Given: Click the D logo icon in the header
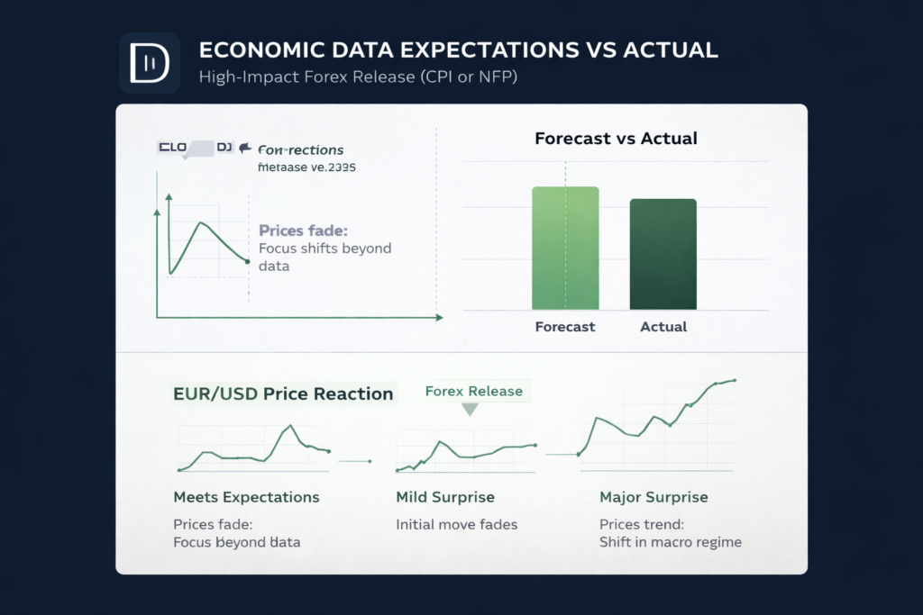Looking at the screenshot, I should pyautogui.click(x=150, y=62).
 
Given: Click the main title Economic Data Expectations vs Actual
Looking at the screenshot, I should pyautogui.click(x=458, y=50).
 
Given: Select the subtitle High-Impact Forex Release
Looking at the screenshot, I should pyautogui.click(x=358, y=77).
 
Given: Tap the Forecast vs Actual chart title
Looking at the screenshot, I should pyautogui.click(x=616, y=139).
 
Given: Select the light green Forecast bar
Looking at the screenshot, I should pyautogui.click(x=565, y=249).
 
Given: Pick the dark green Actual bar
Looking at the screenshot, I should pyautogui.click(x=663, y=254).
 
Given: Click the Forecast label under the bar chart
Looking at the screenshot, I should pyautogui.click(x=565, y=327).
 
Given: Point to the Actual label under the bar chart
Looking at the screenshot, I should pyautogui.click(x=663, y=327).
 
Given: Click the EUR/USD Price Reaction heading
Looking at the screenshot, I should pyautogui.click(x=283, y=393).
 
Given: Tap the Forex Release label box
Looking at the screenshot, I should pyautogui.click(x=473, y=391).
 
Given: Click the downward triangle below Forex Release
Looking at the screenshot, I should pyautogui.click(x=469, y=410).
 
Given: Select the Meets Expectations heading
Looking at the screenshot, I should pyautogui.click(x=246, y=497).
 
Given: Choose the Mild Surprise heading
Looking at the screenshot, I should pyautogui.click(x=445, y=497).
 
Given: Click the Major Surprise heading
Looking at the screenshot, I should pyautogui.click(x=653, y=497).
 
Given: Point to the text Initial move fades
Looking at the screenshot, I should pyautogui.click(x=457, y=524).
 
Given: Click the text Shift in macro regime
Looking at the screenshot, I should pyautogui.click(x=670, y=542).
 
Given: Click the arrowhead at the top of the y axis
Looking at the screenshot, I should pyautogui.click(x=157, y=213).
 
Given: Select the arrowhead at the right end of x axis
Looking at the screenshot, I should pyautogui.click(x=439, y=318).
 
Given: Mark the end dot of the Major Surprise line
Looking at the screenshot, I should pyautogui.click(x=735, y=380).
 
